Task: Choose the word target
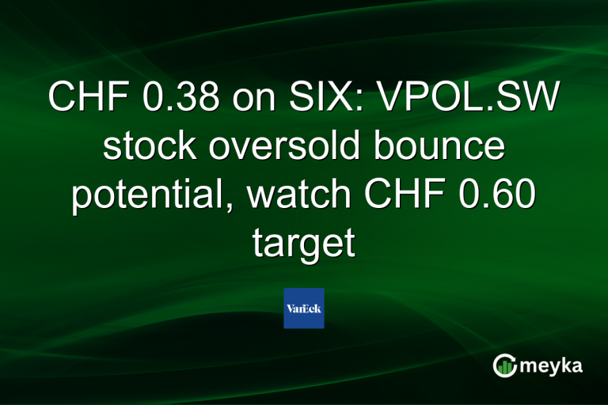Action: pyautogui.click(x=303, y=244)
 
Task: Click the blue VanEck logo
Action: pyautogui.click(x=304, y=308)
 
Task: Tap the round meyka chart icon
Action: pyautogui.click(x=504, y=365)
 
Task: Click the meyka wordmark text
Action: pyautogui.click(x=553, y=365)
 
